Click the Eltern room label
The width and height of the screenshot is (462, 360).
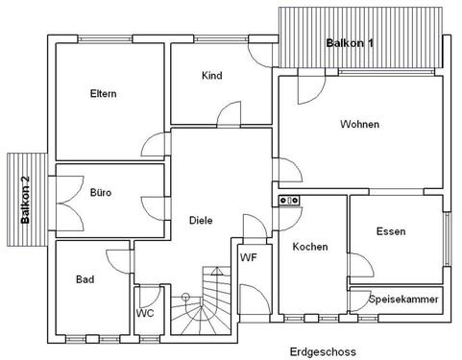click(103, 94)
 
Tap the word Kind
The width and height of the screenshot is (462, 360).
click(212, 76)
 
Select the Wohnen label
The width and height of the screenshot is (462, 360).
click(359, 125)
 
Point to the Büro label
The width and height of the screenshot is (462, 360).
click(101, 193)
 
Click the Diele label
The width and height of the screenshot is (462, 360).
click(200, 220)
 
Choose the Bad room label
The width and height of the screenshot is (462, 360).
click(85, 280)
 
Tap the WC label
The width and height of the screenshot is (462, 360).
click(145, 313)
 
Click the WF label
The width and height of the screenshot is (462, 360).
click(248, 257)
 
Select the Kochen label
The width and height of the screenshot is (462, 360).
click(310, 247)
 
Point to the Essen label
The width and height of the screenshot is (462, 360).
click(391, 231)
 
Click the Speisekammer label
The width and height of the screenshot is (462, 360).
click(403, 300)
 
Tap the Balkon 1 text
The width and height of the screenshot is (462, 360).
click(350, 44)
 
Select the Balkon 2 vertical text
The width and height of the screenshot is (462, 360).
click(26, 200)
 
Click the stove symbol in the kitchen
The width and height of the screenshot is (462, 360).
click(289, 200)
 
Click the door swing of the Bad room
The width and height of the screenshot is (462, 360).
click(116, 260)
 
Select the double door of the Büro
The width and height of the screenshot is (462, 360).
click(65, 201)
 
